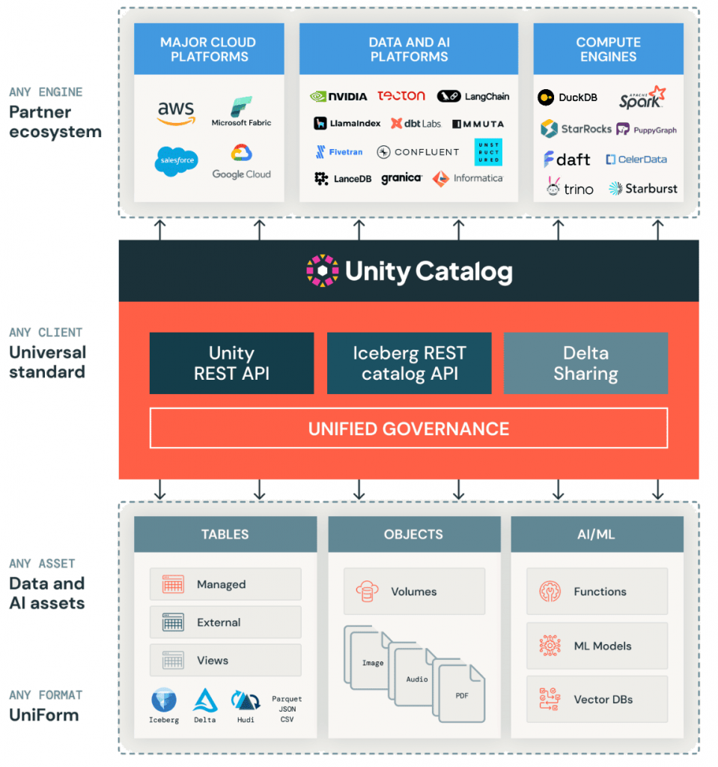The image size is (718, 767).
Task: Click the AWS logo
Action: (176, 113)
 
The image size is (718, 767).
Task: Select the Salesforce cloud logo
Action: (177, 161)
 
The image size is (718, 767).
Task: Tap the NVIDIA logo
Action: (338, 96)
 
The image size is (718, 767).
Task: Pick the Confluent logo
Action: (418, 152)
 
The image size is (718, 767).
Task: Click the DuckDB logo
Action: (568, 97)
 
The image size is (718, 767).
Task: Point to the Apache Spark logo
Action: (642, 97)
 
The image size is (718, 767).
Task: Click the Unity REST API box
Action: (231, 363)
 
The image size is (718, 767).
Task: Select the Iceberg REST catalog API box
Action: (409, 363)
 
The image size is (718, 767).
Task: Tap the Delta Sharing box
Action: (585, 363)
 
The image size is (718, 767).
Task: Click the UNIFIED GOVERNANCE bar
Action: (409, 428)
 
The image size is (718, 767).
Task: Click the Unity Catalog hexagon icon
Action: (323, 271)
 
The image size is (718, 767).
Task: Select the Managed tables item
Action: (225, 584)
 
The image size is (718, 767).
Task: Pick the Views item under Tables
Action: (225, 661)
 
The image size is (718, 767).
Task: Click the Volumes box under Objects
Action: (414, 592)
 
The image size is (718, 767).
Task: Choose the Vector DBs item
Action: (597, 700)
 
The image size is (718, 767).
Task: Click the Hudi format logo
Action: (245, 703)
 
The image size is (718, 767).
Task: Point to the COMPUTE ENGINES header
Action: (608, 49)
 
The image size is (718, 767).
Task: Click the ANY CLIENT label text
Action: (46, 333)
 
